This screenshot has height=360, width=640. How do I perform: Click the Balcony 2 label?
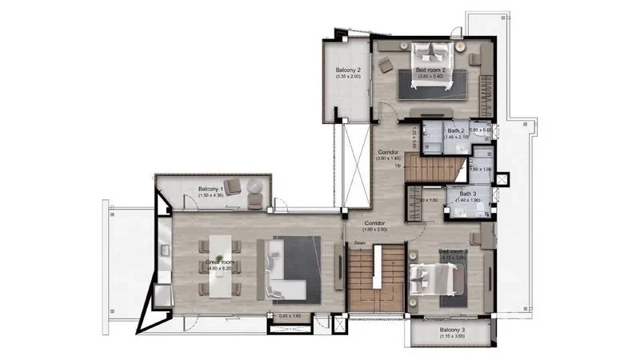(x=347, y=70)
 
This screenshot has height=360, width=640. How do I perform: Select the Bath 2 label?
(x=455, y=130)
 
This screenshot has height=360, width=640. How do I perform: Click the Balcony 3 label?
(x=452, y=330)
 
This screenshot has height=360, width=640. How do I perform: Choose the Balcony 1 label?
(x=211, y=189)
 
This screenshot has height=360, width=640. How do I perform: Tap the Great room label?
(x=218, y=262)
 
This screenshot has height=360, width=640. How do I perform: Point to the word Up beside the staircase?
(x=409, y=166)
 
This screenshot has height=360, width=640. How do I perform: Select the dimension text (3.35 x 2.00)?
(x=347, y=78)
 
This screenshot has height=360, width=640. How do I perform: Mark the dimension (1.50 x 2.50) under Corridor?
(x=376, y=230)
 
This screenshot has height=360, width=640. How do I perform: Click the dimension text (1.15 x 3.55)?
(x=452, y=337)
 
